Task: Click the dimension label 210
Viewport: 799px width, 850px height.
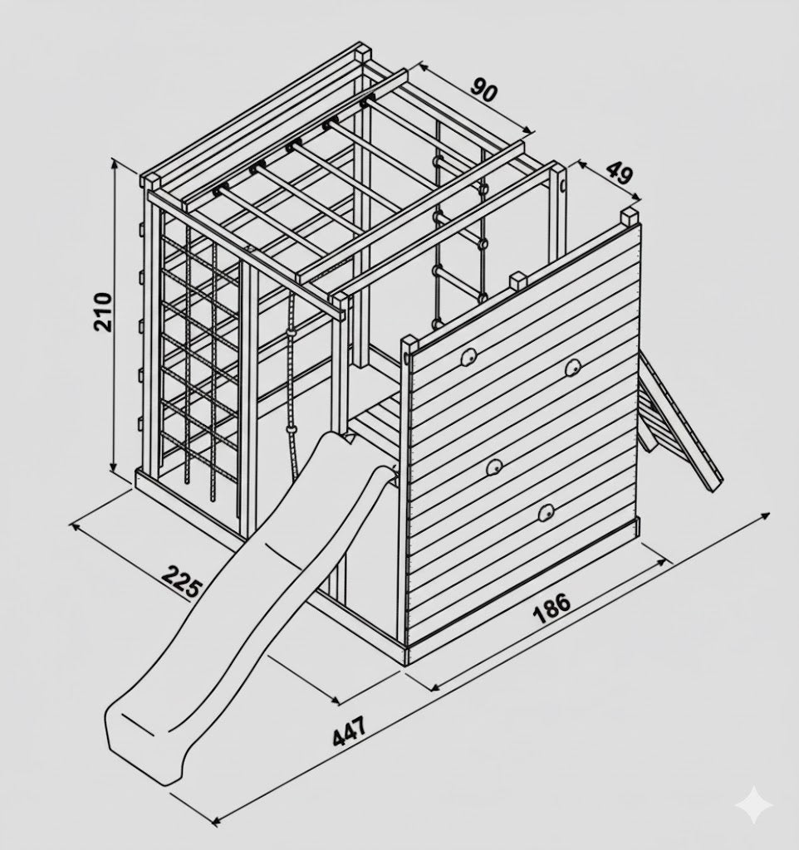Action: (102, 312)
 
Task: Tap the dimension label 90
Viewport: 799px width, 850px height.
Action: (483, 90)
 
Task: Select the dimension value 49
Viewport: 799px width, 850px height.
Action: (619, 173)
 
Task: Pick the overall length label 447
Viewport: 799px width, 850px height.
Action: (349, 730)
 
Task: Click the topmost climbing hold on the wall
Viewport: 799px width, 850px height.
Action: (468, 357)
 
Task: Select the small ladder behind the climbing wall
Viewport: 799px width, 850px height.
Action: (678, 419)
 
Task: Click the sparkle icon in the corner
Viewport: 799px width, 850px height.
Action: (755, 807)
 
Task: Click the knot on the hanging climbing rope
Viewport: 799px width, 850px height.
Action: (292, 331)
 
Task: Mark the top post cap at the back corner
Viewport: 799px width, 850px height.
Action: (362, 52)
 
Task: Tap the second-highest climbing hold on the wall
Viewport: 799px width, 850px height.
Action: (571, 368)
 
